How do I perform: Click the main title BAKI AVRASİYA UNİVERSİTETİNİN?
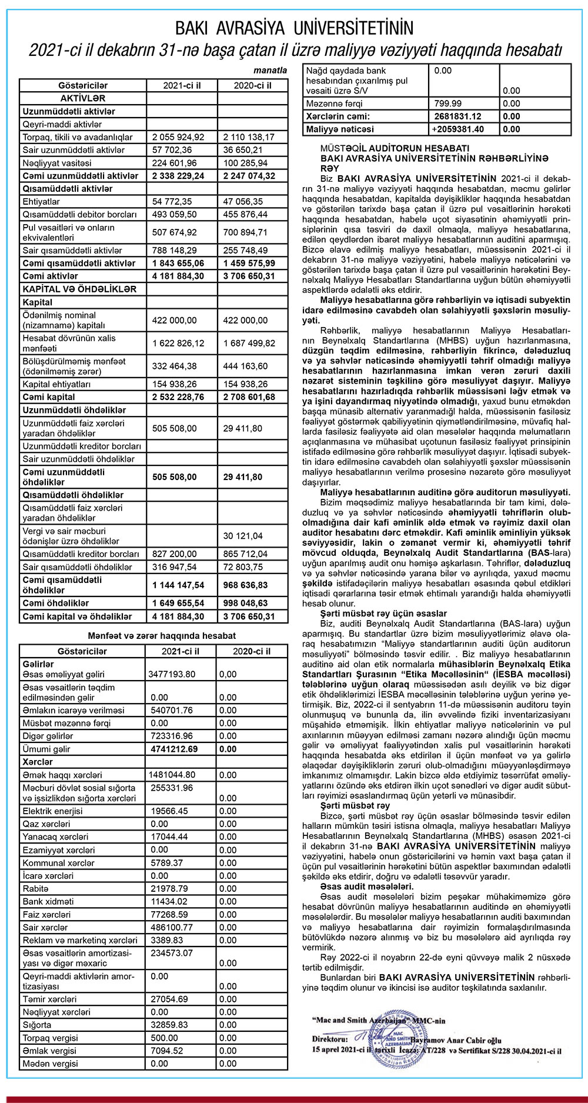pyautogui.click(x=294, y=28)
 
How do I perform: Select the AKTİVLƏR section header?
pyautogui.click(x=83, y=98)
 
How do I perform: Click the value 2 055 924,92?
pyautogui.click(x=178, y=137)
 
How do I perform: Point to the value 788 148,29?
pyautogui.click(x=175, y=250)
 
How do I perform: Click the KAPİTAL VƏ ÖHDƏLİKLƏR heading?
pyautogui.click(x=79, y=289)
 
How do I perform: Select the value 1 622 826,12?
pyautogui.click(x=178, y=343)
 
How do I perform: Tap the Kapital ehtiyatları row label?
pyautogui.click(x=56, y=384)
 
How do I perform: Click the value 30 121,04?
pyautogui.click(x=243, y=536)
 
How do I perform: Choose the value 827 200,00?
pyautogui.click(x=175, y=554)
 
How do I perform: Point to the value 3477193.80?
pyautogui.click(x=172, y=674)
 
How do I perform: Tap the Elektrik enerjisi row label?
pyautogui.click(x=52, y=811)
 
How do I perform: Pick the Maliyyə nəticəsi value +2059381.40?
pyautogui.click(x=458, y=129)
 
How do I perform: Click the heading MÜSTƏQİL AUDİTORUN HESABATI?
pyautogui.click(x=395, y=148)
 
